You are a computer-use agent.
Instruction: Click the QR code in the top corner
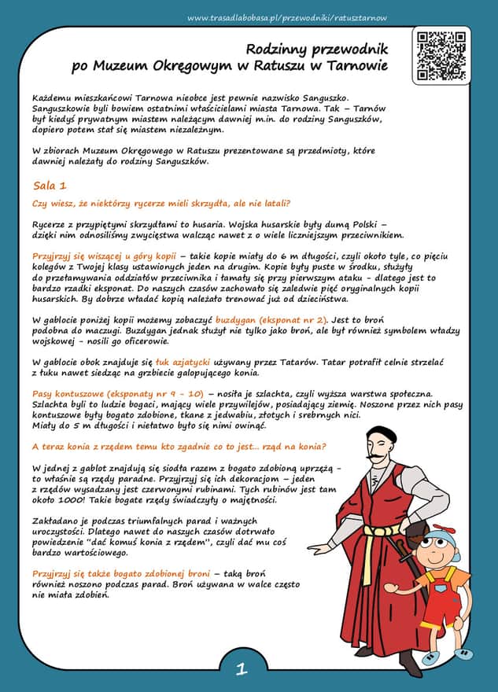(x=441, y=55)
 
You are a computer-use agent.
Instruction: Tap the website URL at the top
(x=287, y=18)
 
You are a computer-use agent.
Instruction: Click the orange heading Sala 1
(x=50, y=186)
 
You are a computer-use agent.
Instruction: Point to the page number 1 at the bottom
(x=242, y=670)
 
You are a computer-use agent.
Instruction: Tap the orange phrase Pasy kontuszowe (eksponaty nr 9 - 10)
(x=118, y=392)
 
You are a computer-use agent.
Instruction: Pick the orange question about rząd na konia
(x=179, y=447)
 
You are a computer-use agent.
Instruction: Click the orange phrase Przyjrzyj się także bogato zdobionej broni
(x=121, y=575)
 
